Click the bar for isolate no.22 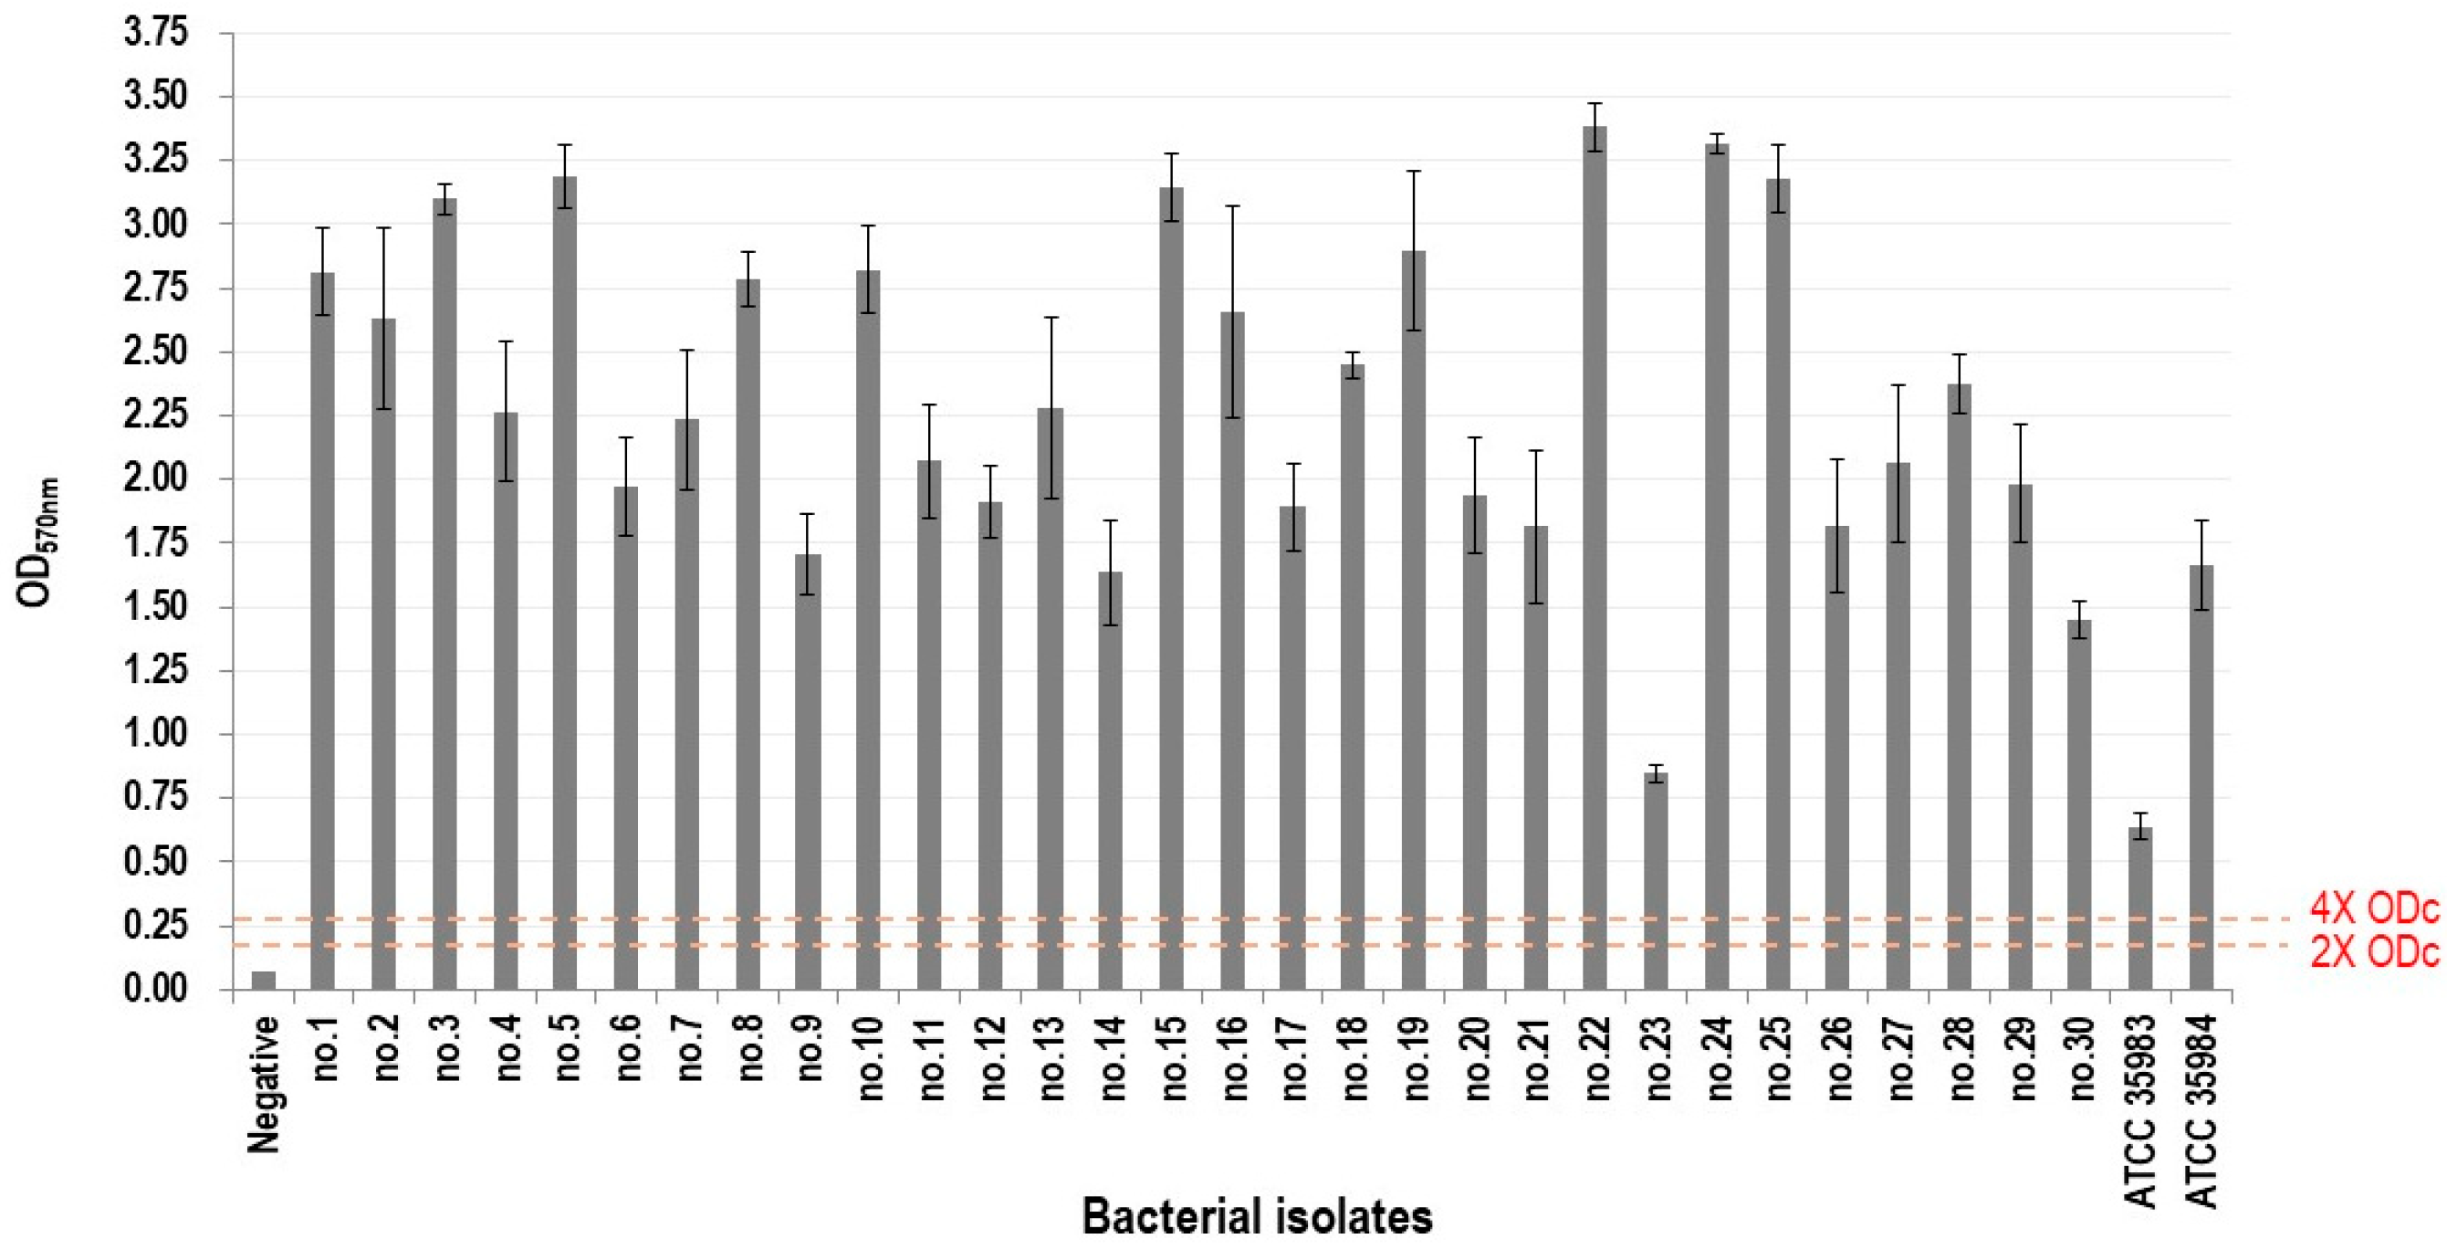(1594, 561)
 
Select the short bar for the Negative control (264, 980)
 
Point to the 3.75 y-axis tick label (157, 33)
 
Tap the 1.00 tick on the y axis (157, 734)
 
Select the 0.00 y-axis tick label (157, 989)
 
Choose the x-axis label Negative (264, 1083)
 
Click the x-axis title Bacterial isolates (1256, 1216)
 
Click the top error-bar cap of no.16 (1233, 206)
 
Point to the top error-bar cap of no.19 (1415, 171)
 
